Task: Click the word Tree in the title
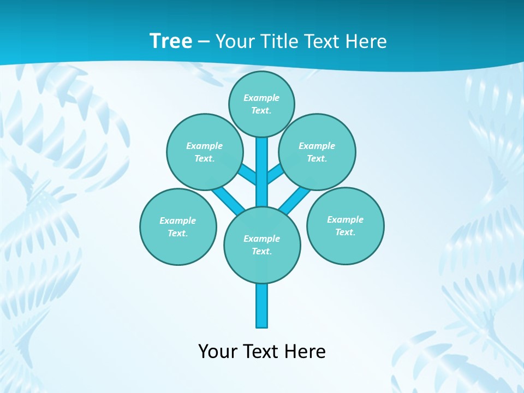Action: tap(171, 41)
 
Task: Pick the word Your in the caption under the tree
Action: tap(218, 351)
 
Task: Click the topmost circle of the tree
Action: tap(261, 104)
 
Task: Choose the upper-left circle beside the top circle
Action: tap(205, 152)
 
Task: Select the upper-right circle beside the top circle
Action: tap(317, 152)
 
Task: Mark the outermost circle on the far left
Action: tap(178, 227)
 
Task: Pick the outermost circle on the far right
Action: tap(346, 225)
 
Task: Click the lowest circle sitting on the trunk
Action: tap(262, 245)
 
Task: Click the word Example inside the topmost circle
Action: tap(261, 98)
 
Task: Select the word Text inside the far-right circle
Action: tap(346, 232)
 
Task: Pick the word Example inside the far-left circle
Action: tap(177, 221)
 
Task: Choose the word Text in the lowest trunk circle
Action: tap(261, 251)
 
